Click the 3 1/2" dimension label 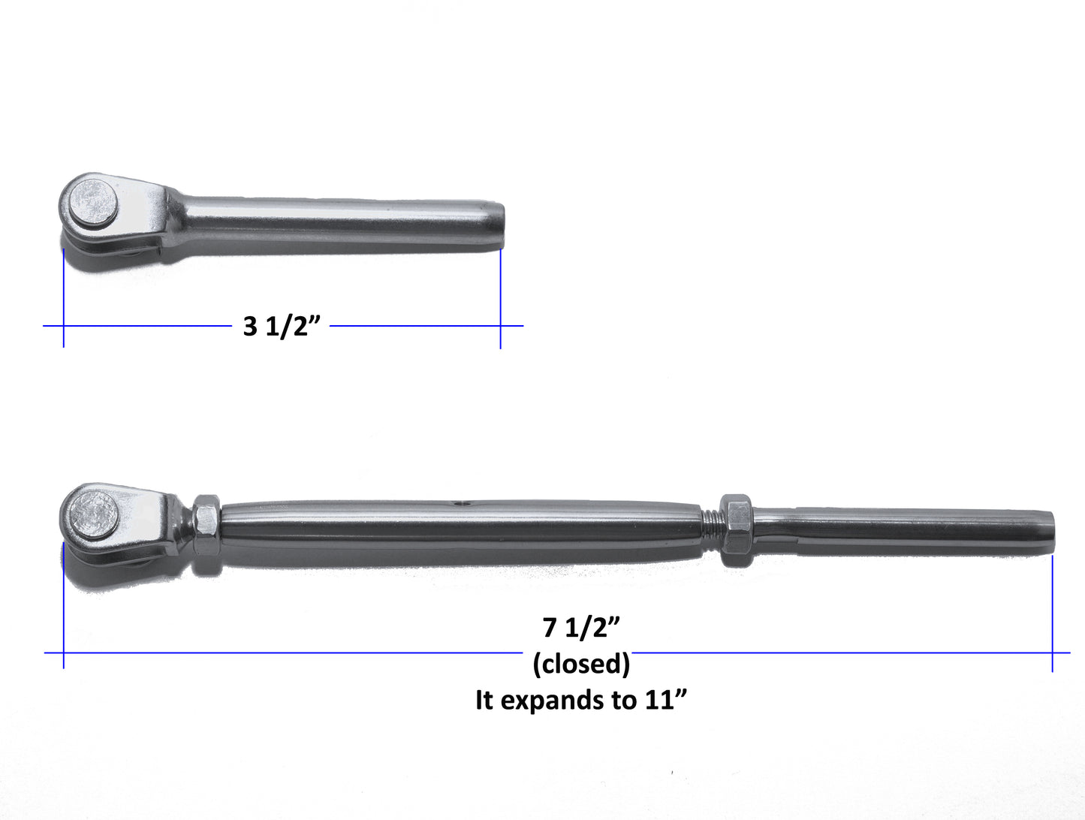coord(282,326)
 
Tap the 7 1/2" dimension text coord(581,627)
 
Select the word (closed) coord(581,664)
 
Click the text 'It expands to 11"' coord(581,700)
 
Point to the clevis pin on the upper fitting coord(93,203)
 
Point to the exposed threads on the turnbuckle coord(711,529)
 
